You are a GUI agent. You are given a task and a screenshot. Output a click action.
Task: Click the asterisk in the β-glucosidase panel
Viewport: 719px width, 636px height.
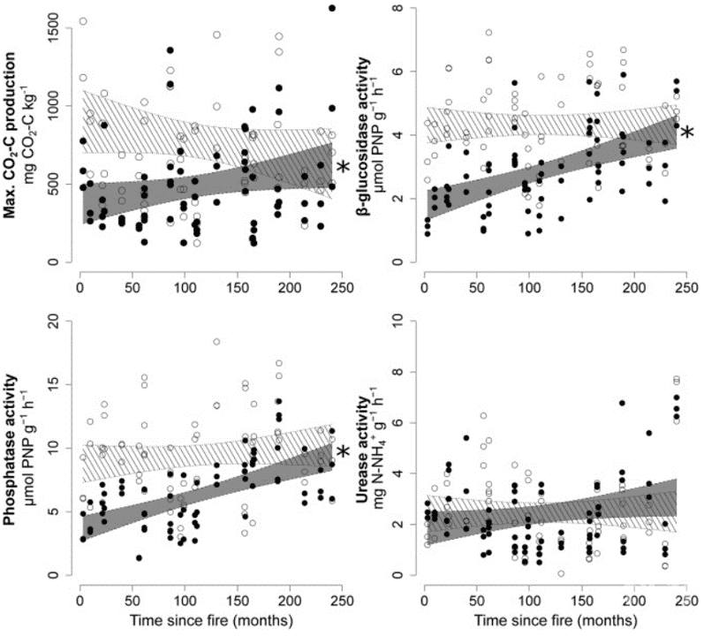[x=687, y=133]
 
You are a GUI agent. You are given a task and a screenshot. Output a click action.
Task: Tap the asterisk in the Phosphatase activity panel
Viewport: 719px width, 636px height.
[x=344, y=453]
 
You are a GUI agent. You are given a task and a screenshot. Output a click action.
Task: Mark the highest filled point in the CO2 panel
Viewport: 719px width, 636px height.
[x=332, y=8]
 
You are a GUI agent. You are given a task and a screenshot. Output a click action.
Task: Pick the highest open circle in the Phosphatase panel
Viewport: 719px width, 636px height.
[x=216, y=342]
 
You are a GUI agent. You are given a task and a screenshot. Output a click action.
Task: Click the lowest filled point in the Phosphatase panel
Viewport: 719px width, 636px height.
[x=140, y=557]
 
